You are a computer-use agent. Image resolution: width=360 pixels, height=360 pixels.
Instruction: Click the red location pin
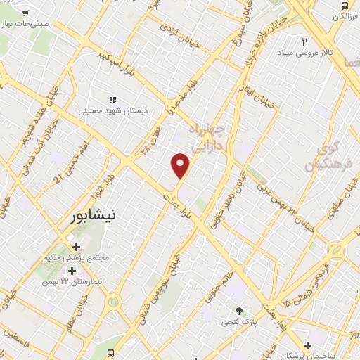(x=181, y=165)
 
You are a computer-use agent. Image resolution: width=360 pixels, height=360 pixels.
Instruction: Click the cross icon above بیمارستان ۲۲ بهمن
(x=76, y=247)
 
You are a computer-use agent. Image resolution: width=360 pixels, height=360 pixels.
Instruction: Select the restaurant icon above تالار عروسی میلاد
(x=306, y=41)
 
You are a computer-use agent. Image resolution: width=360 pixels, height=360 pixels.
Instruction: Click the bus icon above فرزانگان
(x=343, y=15)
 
